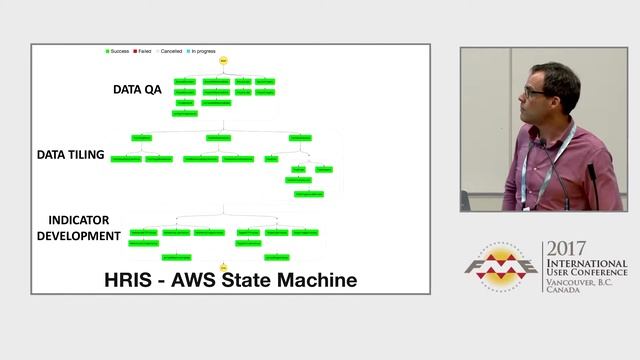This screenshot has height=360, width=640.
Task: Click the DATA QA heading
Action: tap(137, 89)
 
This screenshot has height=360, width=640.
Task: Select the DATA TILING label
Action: tap(71, 155)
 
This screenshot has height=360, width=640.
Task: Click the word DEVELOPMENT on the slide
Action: tap(79, 236)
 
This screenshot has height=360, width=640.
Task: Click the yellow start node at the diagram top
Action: tap(224, 61)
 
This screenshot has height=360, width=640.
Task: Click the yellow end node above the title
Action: tap(224, 267)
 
